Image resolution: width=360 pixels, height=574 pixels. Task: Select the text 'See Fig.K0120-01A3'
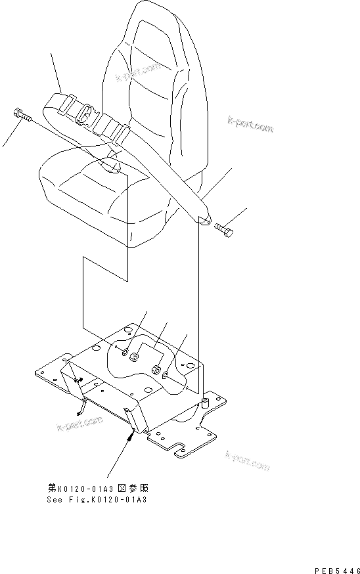pos(97,500)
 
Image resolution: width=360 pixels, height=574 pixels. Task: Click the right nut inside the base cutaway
pos(156,369)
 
